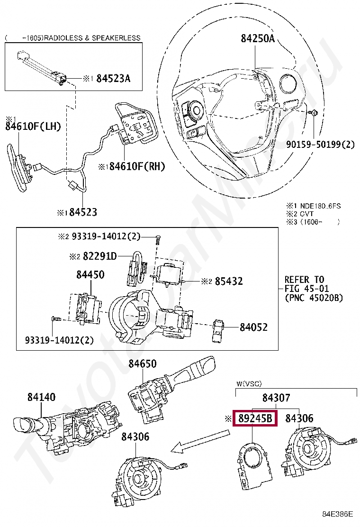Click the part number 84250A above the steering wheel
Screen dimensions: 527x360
click(x=257, y=39)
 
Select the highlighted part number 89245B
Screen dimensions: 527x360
click(x=255, y=418)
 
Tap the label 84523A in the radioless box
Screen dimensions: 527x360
click(x=113, y=79)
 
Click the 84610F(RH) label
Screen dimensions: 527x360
click(x=134, y=166)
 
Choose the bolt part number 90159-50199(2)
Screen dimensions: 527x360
click(x=320, y=144)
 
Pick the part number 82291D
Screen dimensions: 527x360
click(x=99, y=256)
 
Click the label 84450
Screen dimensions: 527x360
click(x=90, y=275)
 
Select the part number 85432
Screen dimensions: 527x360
click(x=228, y=282)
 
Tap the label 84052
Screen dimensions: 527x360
click(x=253, y=327)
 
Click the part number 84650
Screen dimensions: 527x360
click(x=142, y=364)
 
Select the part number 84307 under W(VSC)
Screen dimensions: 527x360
click(x=276, y=398)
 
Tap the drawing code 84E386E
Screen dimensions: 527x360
click(x=338, y=514)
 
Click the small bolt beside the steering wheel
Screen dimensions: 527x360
click(x=314, y=113)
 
